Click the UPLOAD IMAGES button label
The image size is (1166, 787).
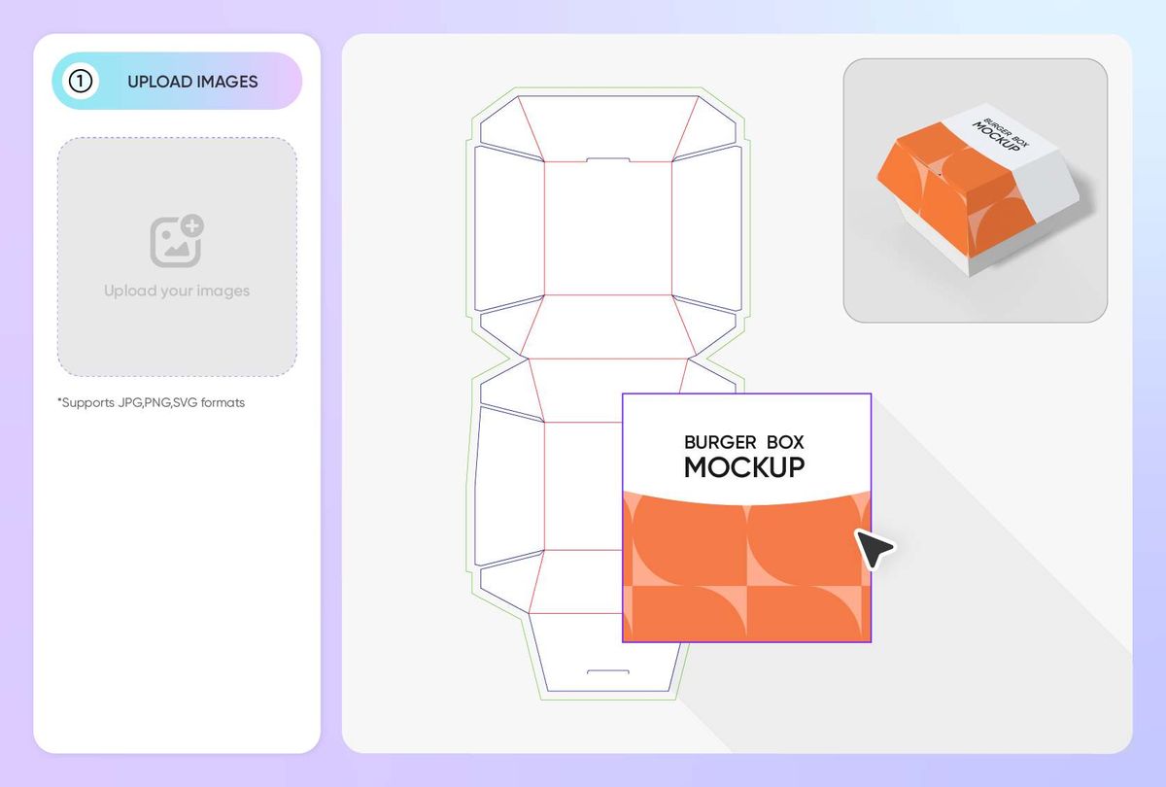(192, 82)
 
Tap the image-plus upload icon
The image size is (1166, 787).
(177, 241)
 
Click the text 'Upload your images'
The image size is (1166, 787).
(177, 291)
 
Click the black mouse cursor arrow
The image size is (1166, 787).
(874, 549)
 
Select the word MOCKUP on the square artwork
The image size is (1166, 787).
(744, 467)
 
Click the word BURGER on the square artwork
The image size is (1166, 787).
(718, 443)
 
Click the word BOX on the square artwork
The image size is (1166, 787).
(784, 443)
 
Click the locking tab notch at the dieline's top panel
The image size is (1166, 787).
(608, 160)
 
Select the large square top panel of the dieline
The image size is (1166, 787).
(607, 228)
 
